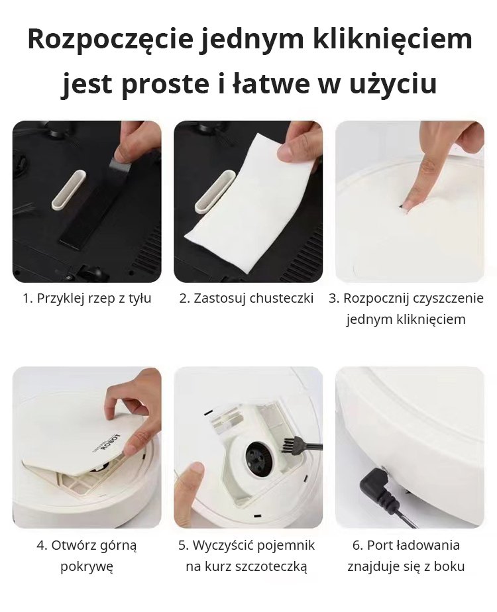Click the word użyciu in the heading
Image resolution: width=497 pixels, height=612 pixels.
pos(393,85)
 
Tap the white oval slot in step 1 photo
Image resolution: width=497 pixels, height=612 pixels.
pos(69,189)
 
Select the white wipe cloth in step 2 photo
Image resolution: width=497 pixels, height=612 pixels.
pos(250,196)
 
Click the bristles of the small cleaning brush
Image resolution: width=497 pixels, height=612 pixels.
pos(288,445)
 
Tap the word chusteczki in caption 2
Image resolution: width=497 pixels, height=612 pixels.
pos(282,298)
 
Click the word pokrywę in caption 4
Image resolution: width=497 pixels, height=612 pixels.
pos(87,566)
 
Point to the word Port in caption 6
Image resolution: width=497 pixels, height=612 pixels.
pos(380,545)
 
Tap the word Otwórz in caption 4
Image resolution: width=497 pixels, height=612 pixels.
pos(74,545)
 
